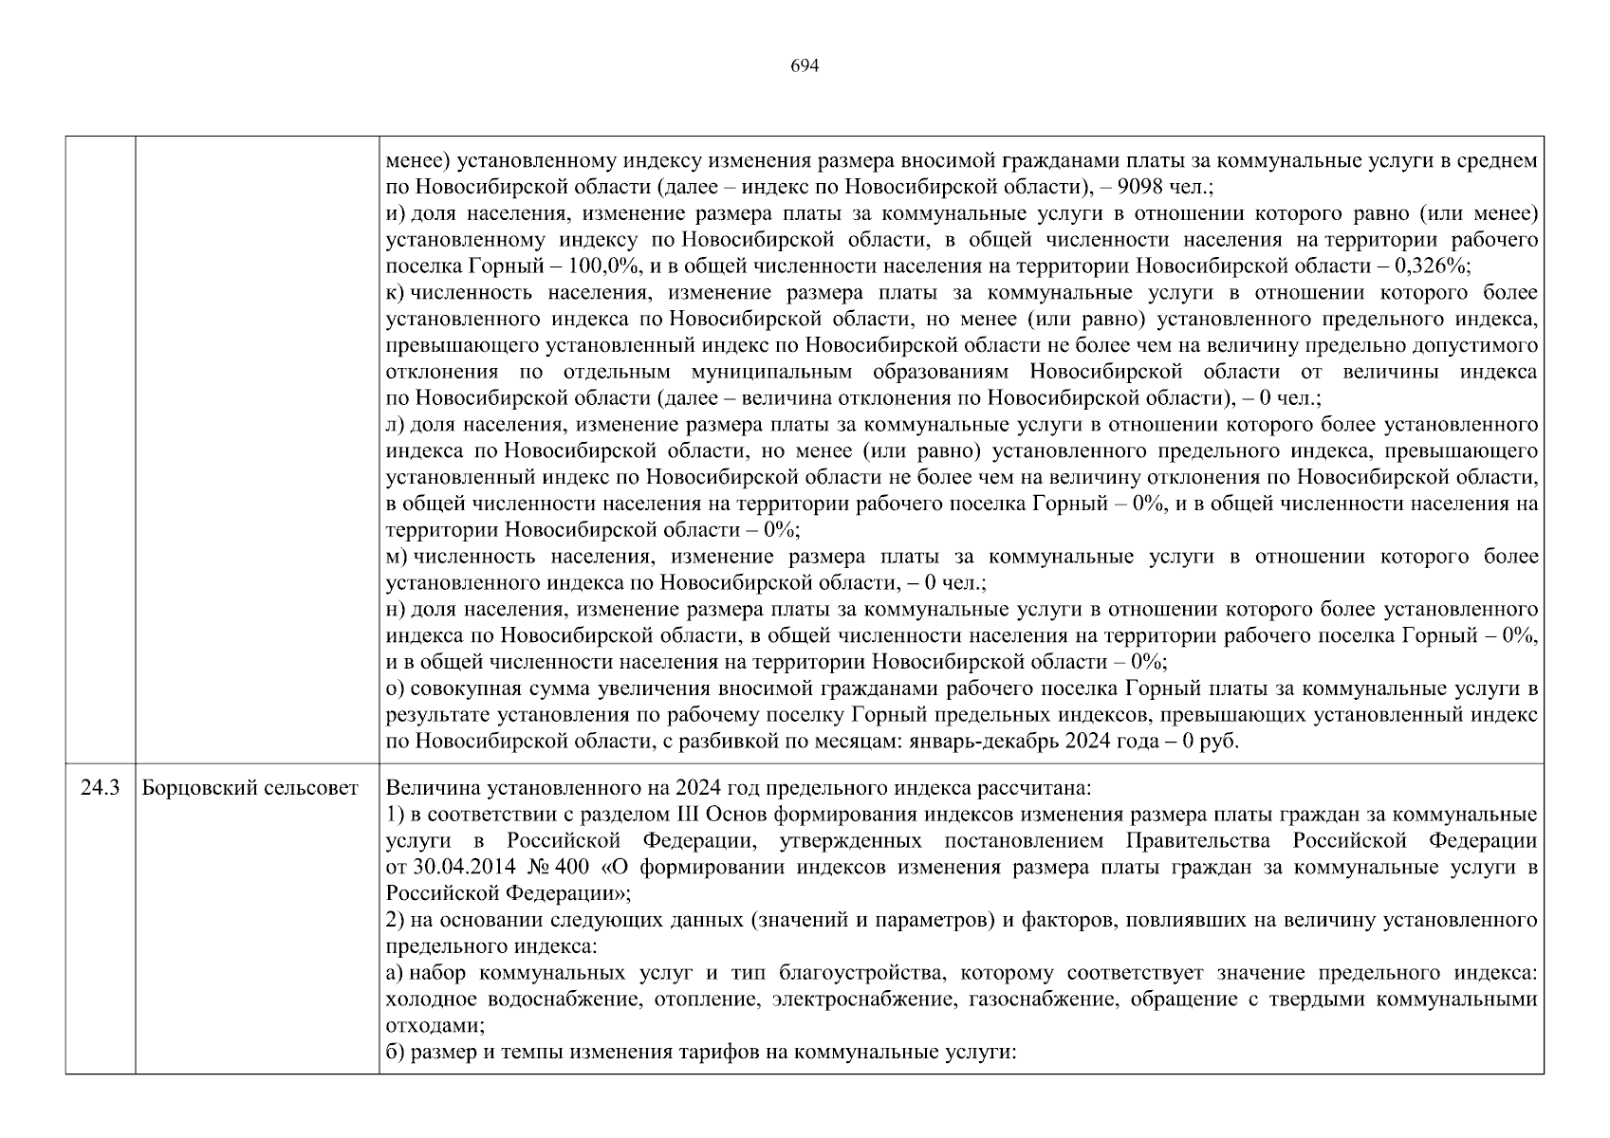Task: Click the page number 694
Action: (x=804, y=65)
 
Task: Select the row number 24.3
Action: (x=100, y=788)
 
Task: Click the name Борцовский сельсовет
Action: (x=250, y=788)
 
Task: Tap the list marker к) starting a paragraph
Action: (x=397, y=293)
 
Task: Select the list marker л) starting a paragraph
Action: (x=396, y=425)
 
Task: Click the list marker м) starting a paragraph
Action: (x=398, y=557)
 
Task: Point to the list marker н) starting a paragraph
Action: (x=396, y=609)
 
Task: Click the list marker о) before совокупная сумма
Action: (x=396, y=688)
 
